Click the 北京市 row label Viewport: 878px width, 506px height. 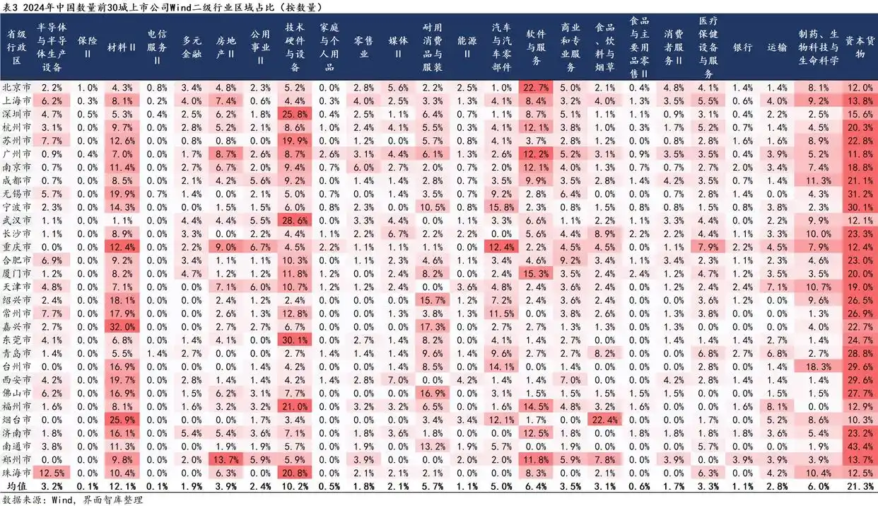[x=16, y=88]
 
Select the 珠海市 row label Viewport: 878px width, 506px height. [x=16, y=473]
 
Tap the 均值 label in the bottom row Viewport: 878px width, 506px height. [x=16, y=486]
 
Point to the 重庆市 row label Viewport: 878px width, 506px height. [x=16, y=247]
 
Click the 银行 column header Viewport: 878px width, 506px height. [x=742, y=47]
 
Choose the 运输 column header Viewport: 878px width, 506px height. [x=776, y=47]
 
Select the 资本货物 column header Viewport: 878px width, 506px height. [x=859, y=47]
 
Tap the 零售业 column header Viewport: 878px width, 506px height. [x=363, y=47]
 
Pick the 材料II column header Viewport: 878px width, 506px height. [x=122, y=47]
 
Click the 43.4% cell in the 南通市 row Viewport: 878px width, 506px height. [x=859, y=447]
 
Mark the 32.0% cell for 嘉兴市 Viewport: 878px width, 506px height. [x=122, y=327]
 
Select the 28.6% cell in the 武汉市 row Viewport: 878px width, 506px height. [x=295, y=221]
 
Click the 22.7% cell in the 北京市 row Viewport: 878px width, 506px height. [x=536, y=88]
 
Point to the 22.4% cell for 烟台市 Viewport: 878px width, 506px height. [x=605, y=420]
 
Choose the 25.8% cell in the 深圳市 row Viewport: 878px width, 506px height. [x=295, y=114]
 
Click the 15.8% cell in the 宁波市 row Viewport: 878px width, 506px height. [x=501, y=207]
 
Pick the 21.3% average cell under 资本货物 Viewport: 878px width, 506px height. [x=859, y=486]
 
